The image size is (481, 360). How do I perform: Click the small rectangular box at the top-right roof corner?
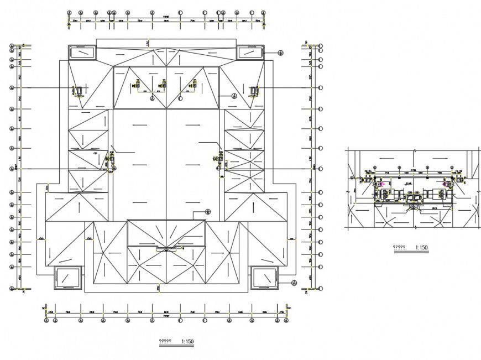(x=250, y=53)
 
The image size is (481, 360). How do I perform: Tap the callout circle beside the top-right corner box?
(x=280, y=53)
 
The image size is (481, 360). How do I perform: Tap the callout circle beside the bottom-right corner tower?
(x=294, y=283)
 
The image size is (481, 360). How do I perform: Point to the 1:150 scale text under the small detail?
(x=420, y=248)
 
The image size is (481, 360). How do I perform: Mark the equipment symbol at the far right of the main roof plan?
(x=254, y=90)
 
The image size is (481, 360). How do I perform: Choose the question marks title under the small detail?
(x=399, y=248)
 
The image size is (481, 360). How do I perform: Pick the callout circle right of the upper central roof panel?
(x=234, y=96)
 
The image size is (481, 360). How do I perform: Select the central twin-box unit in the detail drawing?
(x=413, y=197)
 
